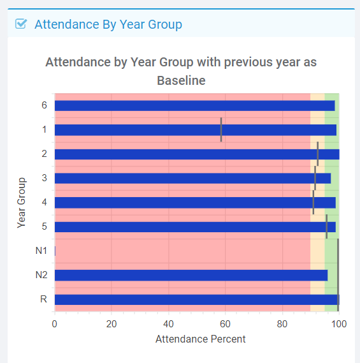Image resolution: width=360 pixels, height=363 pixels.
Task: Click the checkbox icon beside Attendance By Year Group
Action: point(21,24)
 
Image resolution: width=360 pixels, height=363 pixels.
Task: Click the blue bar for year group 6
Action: point(195,106)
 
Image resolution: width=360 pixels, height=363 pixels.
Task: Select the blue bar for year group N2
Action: point(191,275)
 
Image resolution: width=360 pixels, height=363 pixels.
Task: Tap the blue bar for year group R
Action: point(197,300)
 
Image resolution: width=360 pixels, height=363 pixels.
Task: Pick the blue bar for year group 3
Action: point(192,178)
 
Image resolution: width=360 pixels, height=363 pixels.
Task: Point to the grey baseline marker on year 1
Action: point(221,130)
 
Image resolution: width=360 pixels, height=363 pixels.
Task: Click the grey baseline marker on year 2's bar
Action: point(318,154)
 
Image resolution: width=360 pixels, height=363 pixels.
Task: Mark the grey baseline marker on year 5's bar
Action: point(326,226)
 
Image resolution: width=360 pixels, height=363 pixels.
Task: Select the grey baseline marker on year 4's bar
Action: point(313,202)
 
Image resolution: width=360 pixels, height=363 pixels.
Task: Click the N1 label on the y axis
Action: point(41,251)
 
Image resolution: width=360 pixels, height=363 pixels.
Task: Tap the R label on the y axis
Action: point(43,299)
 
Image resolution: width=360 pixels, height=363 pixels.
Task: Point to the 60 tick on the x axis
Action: point(225,324)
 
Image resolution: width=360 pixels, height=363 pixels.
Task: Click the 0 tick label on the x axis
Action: point(55,324)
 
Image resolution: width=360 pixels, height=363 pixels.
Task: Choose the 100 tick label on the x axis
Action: point(339,324)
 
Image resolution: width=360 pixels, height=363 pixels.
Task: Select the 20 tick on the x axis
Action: point(112,324)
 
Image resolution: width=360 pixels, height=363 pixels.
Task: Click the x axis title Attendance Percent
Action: point(201,339)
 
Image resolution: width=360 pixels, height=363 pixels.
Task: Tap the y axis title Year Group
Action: point(22,203)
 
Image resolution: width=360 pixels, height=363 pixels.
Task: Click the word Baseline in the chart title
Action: point(181,80)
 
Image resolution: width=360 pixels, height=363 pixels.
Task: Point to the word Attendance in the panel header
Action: point(67,24)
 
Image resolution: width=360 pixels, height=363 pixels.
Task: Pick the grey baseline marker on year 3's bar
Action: point(315,178)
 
